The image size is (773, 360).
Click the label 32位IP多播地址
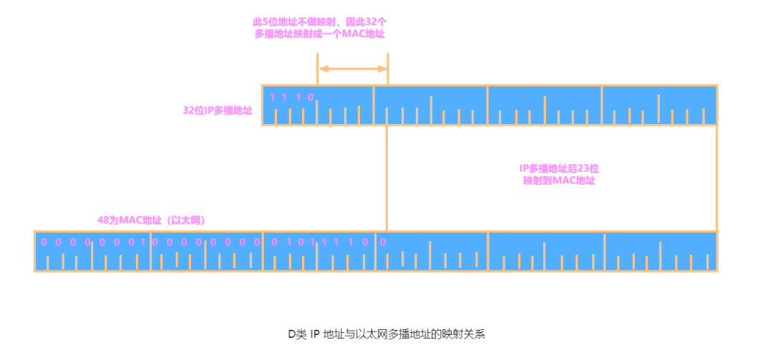click(x=218, y=111)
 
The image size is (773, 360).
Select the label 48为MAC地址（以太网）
click(x=156, y=220)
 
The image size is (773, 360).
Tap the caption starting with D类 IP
click(x=386, y=334)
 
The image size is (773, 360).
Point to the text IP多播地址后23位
click(x=559, y=168)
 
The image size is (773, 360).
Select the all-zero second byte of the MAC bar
click(x=207, y=252)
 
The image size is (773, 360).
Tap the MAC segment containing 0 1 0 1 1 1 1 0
click(x=319, y=252)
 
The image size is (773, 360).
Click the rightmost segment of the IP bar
click(x=658, y=106)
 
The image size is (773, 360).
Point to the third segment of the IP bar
click(x=544, y=106)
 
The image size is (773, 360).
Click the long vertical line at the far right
click(x=716, y=179)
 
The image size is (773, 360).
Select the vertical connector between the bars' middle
click(x=386, y=179)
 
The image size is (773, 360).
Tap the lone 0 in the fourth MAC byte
click(x=383, y=242)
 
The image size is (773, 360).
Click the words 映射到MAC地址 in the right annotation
click(x=559, y=181)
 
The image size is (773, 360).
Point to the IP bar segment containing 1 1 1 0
click(x=318, y=106)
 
